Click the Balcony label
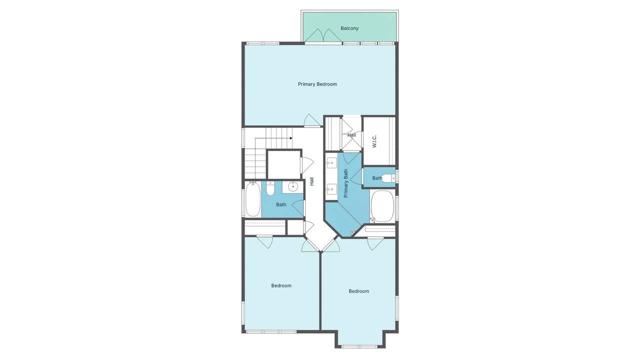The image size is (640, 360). click(349, 28)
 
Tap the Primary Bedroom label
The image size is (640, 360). click(317, 84)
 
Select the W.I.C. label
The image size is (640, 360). click(374, 141)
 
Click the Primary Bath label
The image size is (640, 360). click(345, 183)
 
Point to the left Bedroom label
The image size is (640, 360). click(281, 285)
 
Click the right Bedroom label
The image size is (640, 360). click(358, 291)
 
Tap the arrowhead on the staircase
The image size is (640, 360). click(290, 138)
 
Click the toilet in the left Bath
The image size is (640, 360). click(270, 188)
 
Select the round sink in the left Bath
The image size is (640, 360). click(293, 187)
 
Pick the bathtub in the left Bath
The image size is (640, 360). click(252, 199)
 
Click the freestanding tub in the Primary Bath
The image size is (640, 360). click(383, 205)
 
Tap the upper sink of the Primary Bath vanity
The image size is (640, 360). click(331, 163)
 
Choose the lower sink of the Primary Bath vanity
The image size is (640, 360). click(331, 188)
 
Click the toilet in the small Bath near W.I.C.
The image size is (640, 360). click(387, 177)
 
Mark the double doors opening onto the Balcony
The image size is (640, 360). click(323, 36)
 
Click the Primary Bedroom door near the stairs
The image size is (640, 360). click(312, 121)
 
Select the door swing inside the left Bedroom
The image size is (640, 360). click(264, 241)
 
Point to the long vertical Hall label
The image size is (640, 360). click(311, 181)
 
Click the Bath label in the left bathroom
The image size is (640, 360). click(281, 204)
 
